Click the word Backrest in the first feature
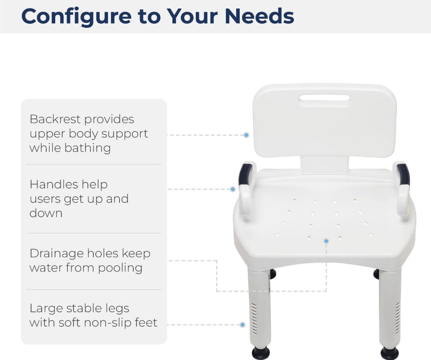[x=55, y=119]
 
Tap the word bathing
[x=88, y=148]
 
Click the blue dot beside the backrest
[x=246, y=135]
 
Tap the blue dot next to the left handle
[x=233, y=189]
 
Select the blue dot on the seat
[x=326, y=241]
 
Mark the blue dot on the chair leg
[x=242, y=325]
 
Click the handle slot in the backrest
[x=325, y=98]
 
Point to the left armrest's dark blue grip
[x=245, y=174]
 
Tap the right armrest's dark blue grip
[x=404, y=174]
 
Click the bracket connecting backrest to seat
[x=325, y=165]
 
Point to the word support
[x=124, y=134]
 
